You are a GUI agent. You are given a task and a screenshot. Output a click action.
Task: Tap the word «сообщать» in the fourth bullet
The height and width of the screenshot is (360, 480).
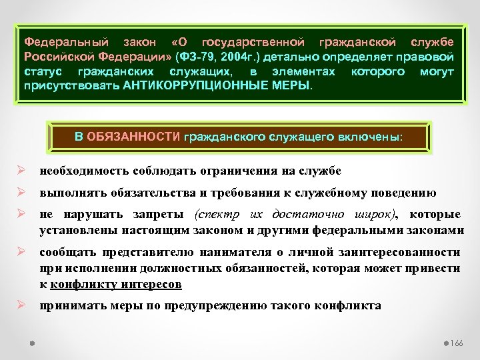pyautogui.click(x=67, y=253)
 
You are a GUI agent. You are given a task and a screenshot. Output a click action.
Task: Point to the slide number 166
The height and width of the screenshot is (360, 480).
pyautogui.click(x=457, y=342)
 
